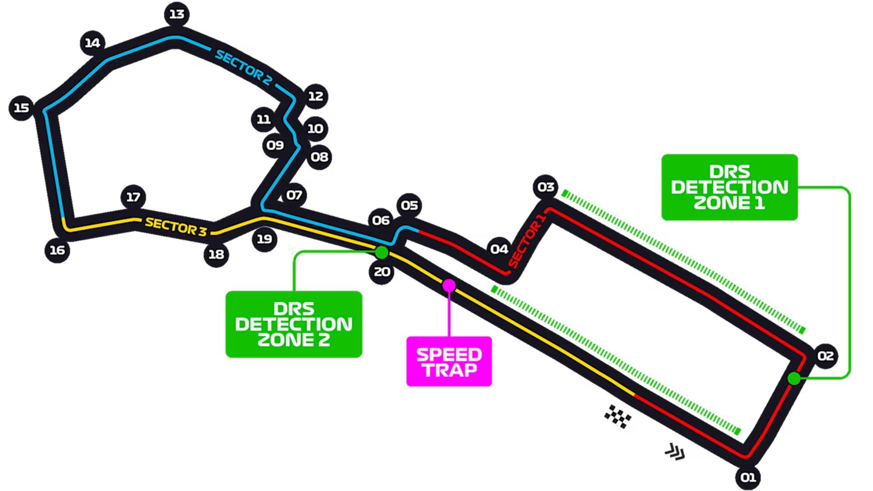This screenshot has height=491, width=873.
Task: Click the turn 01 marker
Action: point(748,477)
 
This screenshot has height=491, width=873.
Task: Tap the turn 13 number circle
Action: point(176,15)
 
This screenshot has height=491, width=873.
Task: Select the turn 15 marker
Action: point(21,108)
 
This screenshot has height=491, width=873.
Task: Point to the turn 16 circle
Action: point(57,250)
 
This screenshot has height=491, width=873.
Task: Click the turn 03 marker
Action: point(546,187)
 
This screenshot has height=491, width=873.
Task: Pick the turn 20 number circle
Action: point(381,272)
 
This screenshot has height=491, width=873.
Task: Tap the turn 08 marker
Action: point(319,157)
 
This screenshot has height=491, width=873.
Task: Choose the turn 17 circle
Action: point(133,197)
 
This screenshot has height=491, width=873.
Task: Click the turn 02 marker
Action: point(825,356)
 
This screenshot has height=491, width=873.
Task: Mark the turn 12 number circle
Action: point(316,96)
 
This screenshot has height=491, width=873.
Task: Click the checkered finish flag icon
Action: point(617,416)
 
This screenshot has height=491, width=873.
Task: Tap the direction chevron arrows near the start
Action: point(675,452)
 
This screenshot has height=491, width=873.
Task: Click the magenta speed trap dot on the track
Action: point(449,286)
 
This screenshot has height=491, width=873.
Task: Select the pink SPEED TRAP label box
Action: point(449,361)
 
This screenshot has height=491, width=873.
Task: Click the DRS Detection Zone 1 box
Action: point(729,187)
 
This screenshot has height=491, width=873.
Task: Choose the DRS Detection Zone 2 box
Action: point(294,324)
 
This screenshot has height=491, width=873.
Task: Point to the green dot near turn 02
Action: point(794,378)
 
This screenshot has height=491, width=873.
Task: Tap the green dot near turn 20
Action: point(381,252)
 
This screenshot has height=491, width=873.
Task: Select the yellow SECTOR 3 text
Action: point(176,226)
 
